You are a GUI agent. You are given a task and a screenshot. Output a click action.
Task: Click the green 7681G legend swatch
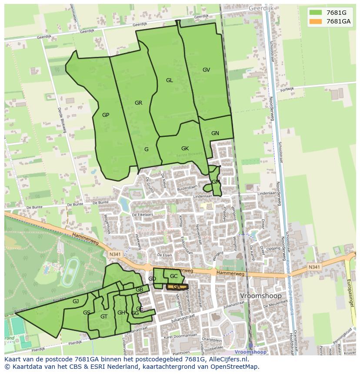click(x=316, y=13)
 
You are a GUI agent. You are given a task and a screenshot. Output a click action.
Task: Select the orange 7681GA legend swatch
click(x=316, y=21)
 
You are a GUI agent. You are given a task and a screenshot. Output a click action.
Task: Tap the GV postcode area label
click(x=206, y=70)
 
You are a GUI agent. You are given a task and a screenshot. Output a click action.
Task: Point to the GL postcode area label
click(x=169, y=80)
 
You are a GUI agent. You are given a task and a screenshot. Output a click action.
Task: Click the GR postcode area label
click(x=138, y=103)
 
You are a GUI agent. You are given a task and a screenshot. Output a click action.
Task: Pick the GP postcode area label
click(x=106, y=115)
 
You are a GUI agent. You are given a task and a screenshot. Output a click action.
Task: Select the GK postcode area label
click(x=185, y=149)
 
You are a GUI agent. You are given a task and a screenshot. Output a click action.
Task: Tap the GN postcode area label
click(x=215, y=133)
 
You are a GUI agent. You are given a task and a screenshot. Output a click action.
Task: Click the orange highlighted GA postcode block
click(x=177, y=287)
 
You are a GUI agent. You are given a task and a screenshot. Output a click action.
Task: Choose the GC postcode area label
click(x=173, y=276)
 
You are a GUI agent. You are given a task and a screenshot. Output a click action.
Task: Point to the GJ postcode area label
click(x=76, y=301)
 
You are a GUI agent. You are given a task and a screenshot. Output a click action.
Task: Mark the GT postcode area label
click(x=103, y=317)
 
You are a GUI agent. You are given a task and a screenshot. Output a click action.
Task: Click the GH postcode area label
click(x=121, y=313)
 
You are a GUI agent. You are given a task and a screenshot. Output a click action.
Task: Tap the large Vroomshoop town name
click(x=260, y=296)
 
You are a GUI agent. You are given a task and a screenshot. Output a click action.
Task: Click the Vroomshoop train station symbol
click(x=250, y=346)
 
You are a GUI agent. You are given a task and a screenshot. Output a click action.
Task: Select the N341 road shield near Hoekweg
click(x=115, y=255)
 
